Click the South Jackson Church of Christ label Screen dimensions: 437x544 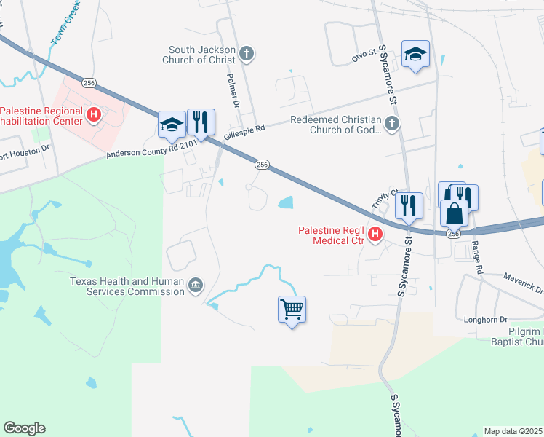[x=202, y=55]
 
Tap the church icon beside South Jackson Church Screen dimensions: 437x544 [x=247, y=53]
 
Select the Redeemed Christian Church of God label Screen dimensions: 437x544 [x=335, y=125]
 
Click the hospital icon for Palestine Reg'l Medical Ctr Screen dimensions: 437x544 [x=375, y=234]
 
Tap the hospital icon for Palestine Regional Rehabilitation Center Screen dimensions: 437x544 [x=94, y=114]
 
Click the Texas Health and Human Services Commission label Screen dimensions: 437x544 [x=127, y=286]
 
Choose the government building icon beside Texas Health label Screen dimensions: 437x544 [x=196, y=286]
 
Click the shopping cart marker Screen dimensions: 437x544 [x=292, y=309]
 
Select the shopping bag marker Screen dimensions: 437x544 [x=454, y=213]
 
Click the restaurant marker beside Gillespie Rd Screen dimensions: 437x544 [x=201, y=122]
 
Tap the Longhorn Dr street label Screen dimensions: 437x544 [x=485, y=320]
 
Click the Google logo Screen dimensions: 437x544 [x=24, y=428]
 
